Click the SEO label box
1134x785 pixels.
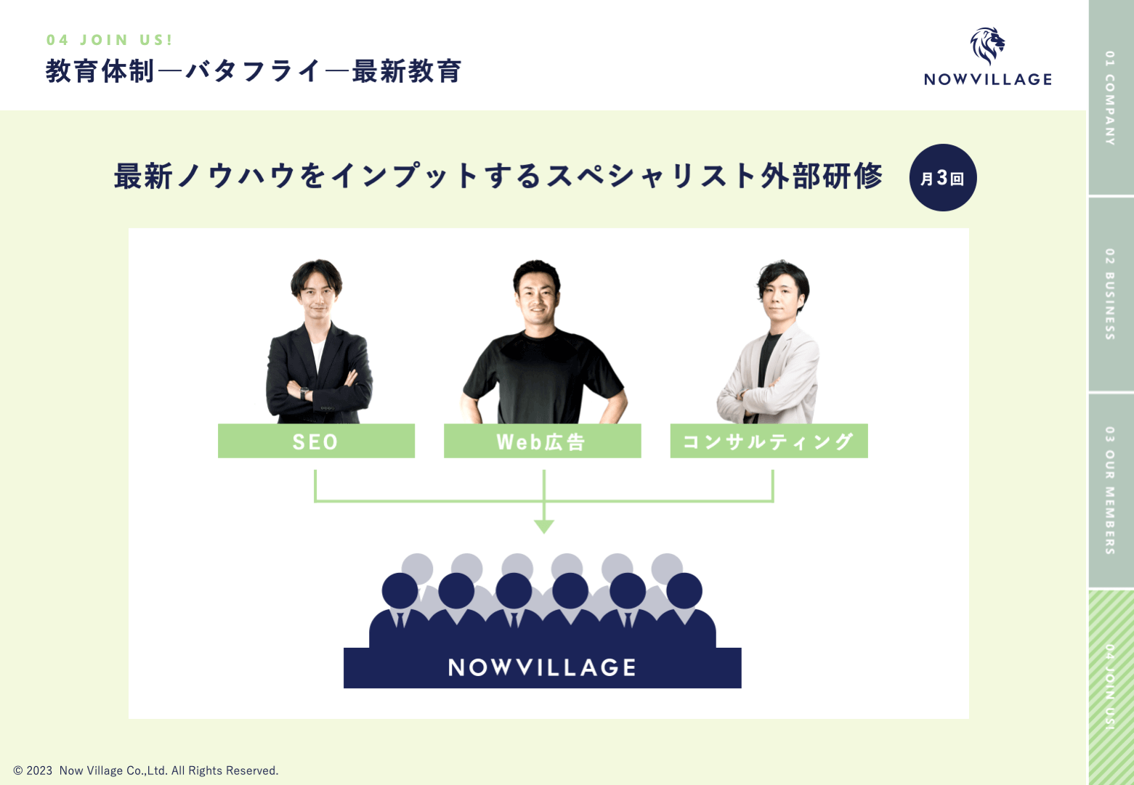(316, 441)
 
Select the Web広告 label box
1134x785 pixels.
(542, 441)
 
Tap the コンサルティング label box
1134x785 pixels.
(769, 441)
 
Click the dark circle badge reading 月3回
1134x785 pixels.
(942, 178)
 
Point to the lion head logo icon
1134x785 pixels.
(987, 45)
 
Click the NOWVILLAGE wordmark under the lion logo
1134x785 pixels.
(987, 79)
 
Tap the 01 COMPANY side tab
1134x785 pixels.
(1110, 97)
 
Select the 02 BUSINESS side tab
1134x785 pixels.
(1110, 294)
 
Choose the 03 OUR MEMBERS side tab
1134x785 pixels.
(1110, 490)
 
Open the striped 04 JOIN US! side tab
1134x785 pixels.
(1110, 686)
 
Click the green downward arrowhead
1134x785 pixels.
(543, 526)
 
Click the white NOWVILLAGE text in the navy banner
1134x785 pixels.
(542, 667)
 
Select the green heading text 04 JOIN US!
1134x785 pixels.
(110, 40)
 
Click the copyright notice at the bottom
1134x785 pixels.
(146, 770)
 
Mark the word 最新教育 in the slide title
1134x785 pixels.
(407, 71)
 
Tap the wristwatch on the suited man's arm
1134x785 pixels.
(304, 393)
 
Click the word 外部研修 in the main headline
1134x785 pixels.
(822, 176)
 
